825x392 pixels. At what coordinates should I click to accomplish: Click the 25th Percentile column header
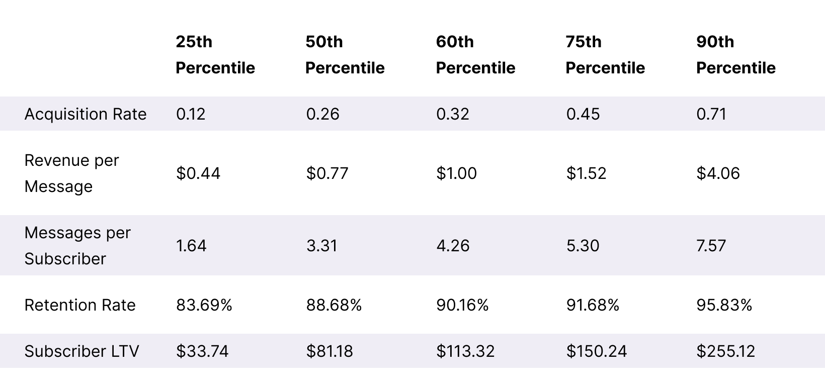215,55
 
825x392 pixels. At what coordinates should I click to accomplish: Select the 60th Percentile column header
475,55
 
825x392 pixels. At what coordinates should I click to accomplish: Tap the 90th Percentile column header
736,55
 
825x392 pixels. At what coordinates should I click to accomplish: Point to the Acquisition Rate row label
86,114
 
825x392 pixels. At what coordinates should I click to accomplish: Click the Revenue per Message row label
71,173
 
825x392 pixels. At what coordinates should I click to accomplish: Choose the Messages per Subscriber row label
77,246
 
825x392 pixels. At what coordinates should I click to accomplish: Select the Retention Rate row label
80,305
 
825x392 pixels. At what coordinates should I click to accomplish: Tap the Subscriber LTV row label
81,351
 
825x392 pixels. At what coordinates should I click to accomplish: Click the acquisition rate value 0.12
191,114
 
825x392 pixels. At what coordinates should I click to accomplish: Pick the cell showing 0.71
711,114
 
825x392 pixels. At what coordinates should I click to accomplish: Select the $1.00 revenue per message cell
456,173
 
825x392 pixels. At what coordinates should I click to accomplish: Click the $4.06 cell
718,173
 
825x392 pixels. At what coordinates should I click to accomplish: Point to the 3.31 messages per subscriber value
321,246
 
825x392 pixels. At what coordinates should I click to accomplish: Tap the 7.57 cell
711,246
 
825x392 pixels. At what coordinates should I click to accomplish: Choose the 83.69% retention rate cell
204,305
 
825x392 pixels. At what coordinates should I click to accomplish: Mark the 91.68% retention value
592,305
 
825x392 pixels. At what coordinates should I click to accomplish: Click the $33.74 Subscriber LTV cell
202,351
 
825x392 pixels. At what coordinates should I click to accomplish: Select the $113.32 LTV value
465,351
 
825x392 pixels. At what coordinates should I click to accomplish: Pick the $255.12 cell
726,351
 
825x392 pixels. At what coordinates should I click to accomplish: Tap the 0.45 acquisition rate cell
583,114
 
